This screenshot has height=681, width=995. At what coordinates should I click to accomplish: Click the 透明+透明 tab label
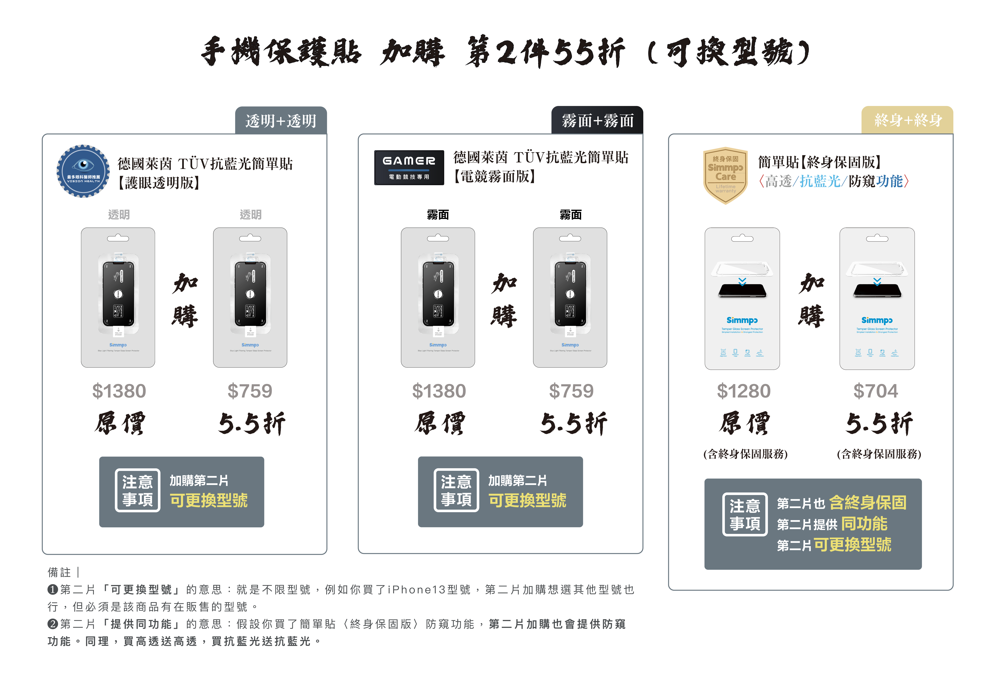pyautogui.click(x=281, y=121)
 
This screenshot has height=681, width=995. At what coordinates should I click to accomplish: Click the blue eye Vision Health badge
pyautogui.click(x=83, y=171)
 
